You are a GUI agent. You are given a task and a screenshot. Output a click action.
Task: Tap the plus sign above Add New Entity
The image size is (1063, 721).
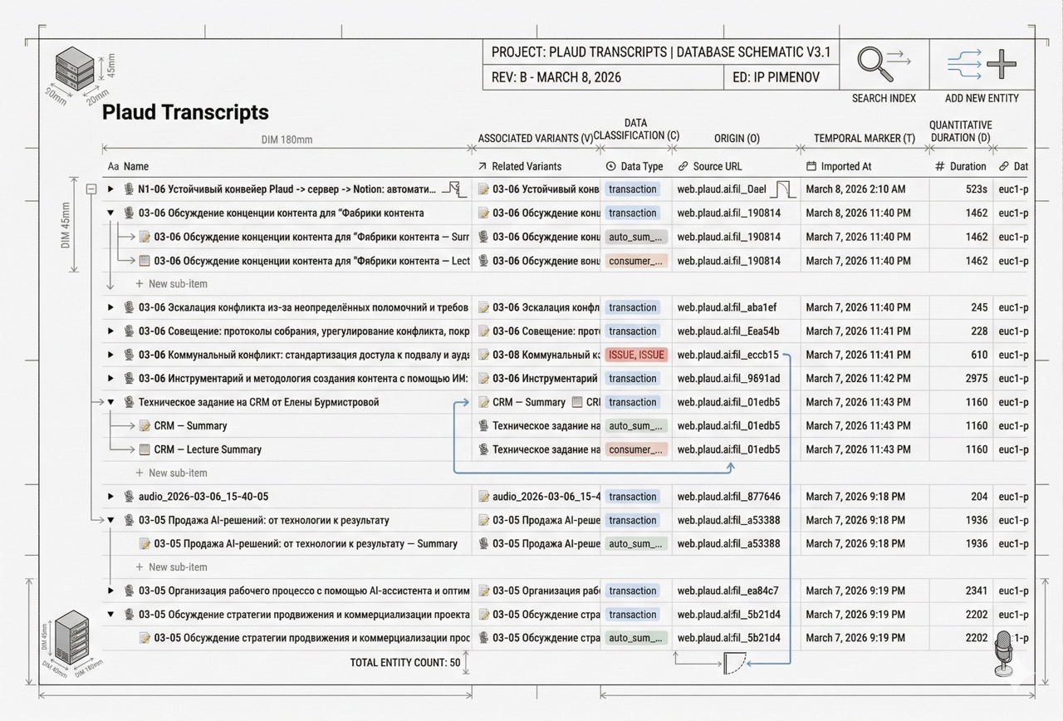click(x=1002, y=64)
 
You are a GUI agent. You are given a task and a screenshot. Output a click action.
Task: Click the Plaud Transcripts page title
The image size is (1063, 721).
click(x=185, y=113)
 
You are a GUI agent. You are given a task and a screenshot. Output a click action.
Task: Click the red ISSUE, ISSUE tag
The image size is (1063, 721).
click(x=636, y=355)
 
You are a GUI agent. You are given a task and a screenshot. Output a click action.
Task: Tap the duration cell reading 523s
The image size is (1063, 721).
click(x=976, y=189)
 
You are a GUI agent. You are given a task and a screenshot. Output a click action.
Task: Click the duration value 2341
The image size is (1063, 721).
click(x=977, y=591)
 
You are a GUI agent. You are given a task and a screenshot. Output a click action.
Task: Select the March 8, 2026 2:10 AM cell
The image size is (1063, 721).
click(x=855, y=189)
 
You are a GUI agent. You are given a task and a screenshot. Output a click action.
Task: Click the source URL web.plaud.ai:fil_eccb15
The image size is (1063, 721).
click(x=727, y=355)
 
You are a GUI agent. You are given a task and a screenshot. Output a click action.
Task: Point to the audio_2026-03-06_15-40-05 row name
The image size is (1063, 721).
click(x=203, y=497)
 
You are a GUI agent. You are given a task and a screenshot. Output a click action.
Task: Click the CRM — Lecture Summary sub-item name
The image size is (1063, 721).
click(x=208, y=449)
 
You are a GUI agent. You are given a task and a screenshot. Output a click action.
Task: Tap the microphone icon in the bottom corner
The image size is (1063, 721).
click(x=1004, y=652)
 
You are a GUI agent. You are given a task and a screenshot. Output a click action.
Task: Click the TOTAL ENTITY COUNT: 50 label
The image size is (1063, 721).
click(x=405, y=663)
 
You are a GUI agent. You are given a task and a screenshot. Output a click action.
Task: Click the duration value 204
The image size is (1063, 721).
click(x=979, y=497)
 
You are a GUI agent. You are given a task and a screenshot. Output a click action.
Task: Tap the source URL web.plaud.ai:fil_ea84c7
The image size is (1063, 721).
click(x=727, y=591)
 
